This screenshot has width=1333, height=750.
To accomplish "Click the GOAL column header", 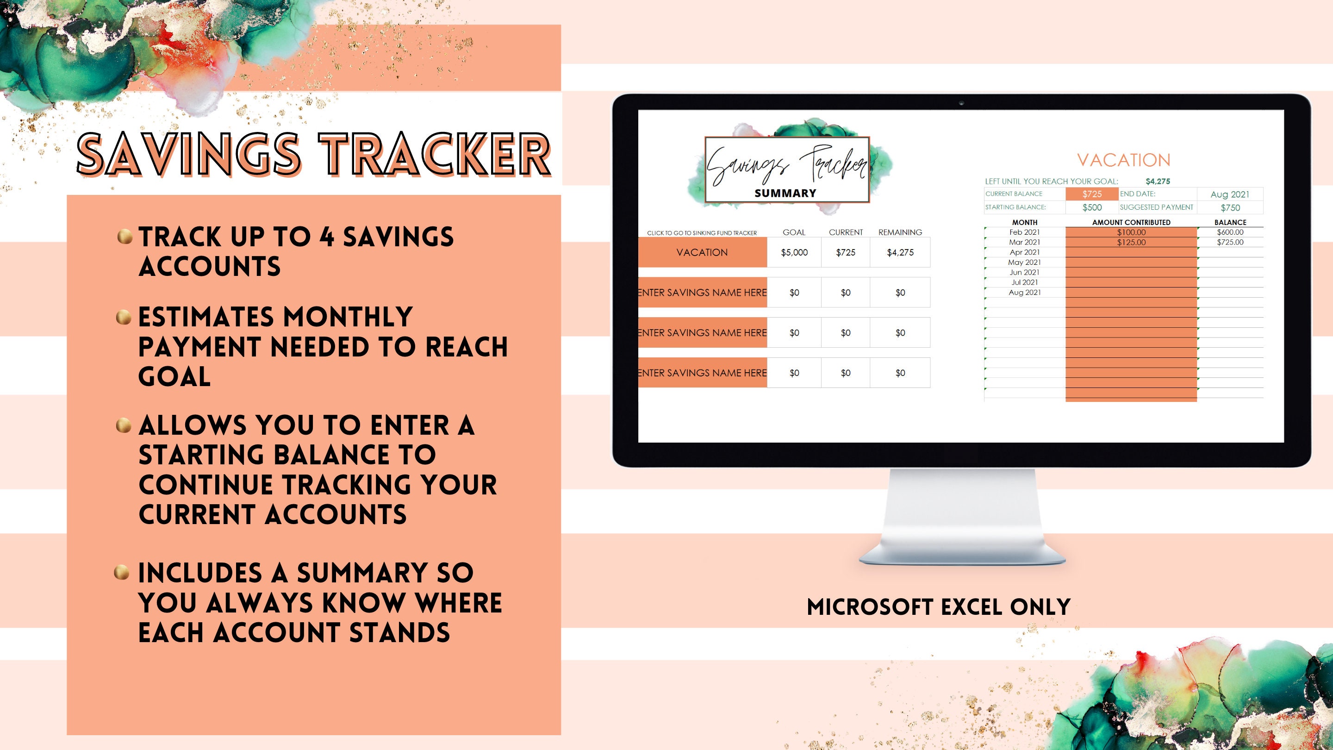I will pos(794,232).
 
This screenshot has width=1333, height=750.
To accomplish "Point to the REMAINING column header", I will pos(900,232).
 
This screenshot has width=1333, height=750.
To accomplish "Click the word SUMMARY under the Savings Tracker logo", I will pos(785,193).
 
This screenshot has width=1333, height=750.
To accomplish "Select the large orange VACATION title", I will pos(1123,160).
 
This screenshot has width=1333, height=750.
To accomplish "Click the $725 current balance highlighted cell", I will pos(1092,194).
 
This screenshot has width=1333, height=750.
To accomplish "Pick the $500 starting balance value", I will pos(1092,207).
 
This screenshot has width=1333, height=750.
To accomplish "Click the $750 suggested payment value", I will pos(1230,207).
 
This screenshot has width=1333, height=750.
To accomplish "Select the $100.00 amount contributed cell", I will pos(1131,232).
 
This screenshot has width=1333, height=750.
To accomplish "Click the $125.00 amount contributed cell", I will pos(1131,242).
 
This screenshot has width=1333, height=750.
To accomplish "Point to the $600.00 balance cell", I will pos(1230,232).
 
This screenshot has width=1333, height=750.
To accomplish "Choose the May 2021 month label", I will pos(1024,262).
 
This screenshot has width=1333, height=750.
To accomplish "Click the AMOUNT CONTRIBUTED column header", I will pos(1131,223).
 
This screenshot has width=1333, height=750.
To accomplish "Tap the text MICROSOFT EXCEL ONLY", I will pos(939,607).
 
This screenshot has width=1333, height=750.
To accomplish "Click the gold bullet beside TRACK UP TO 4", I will pos(124,237).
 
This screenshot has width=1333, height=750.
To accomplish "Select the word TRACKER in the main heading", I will pos(434,154).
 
